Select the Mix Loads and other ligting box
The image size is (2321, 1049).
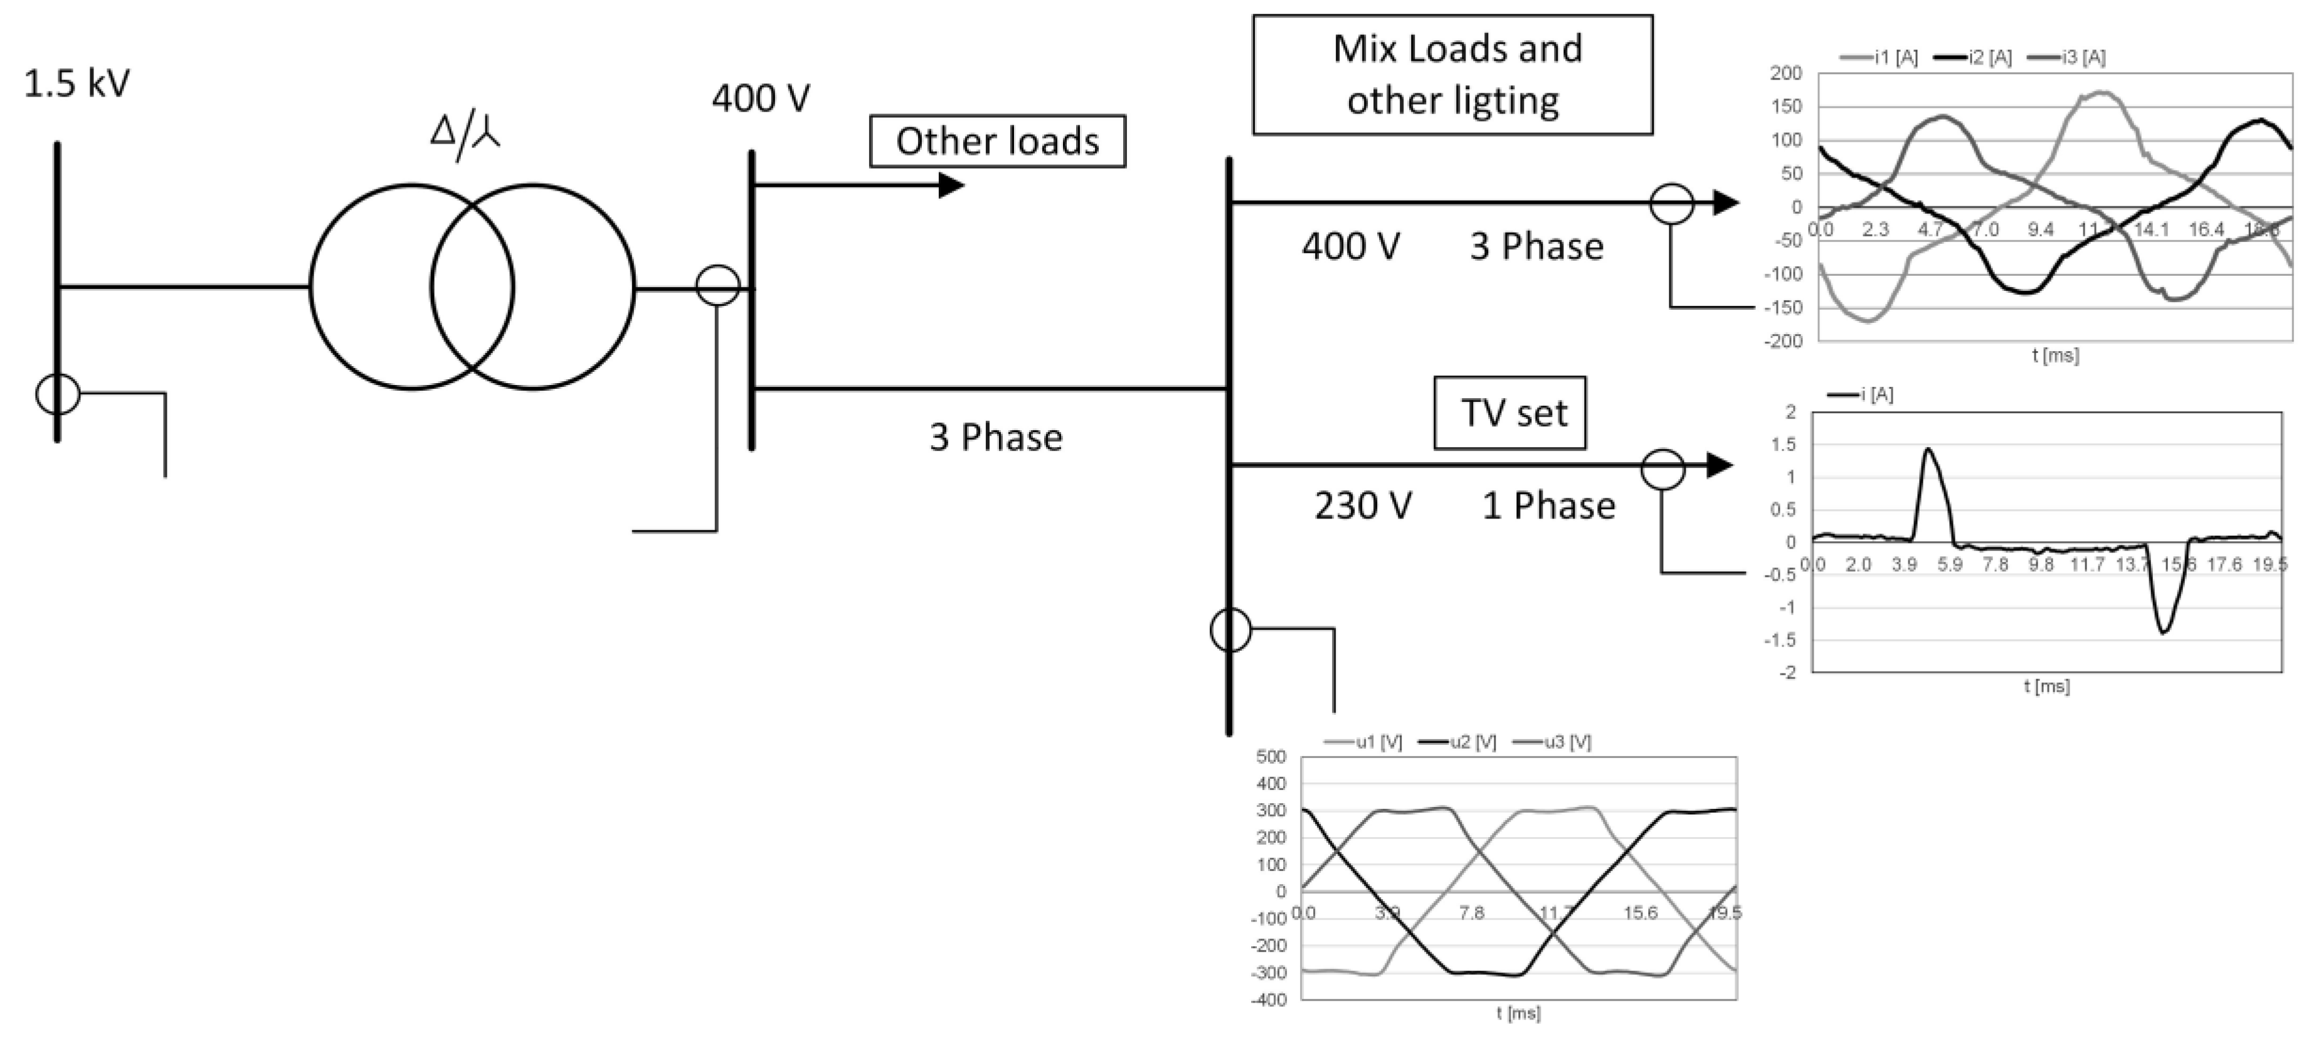click(1452, 75)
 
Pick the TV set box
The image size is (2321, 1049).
click(1509, 413)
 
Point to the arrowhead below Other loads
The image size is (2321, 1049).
click(951, 186)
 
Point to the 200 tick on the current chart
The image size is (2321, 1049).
click(1786, 73)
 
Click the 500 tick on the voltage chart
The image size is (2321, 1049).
click(1271, 757)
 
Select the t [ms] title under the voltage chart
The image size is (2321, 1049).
click(1518, 1014)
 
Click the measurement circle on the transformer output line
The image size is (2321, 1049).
click(718, 287)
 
